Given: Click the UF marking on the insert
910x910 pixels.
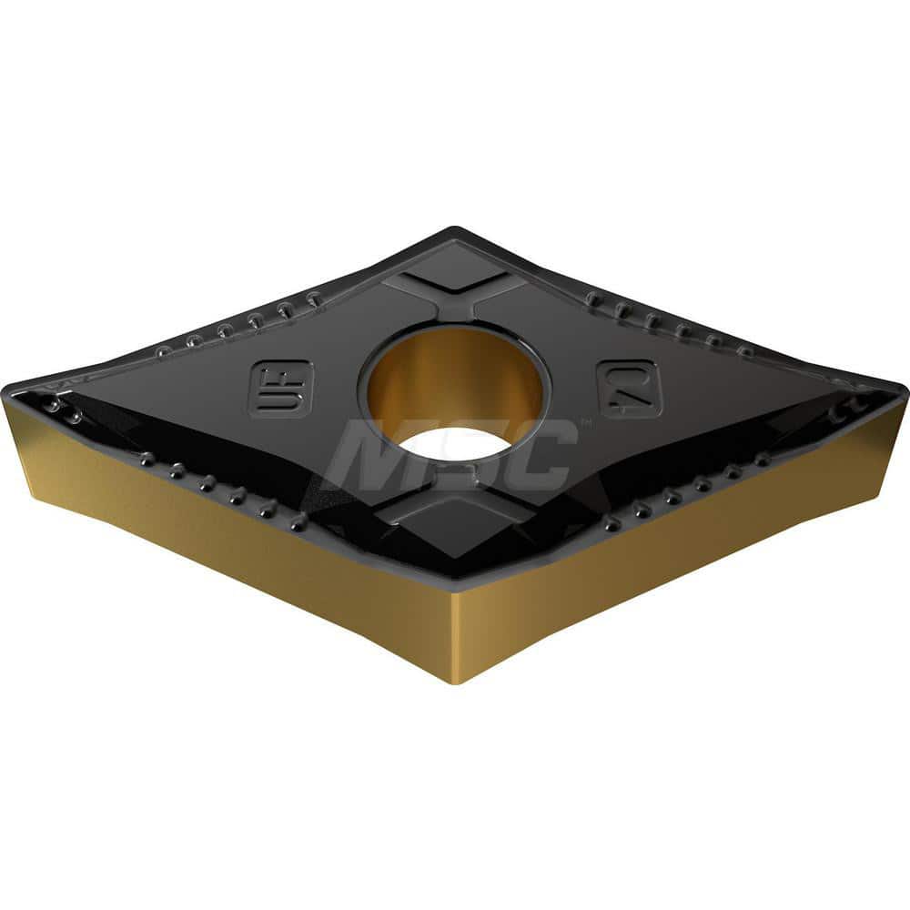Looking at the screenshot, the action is [280, 389].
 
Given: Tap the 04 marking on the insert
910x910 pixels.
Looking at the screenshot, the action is [630, 389].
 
